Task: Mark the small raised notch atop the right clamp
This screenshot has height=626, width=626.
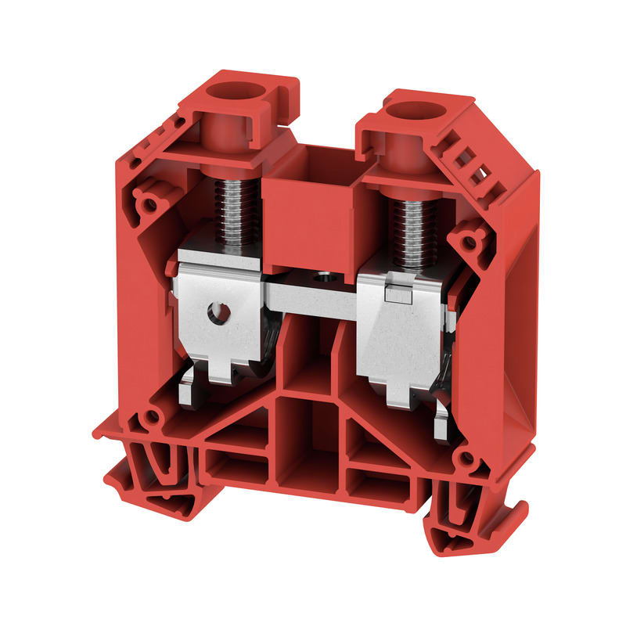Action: click(x=397, y=293)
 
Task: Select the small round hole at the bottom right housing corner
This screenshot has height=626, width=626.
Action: click(x=466, y=459)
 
